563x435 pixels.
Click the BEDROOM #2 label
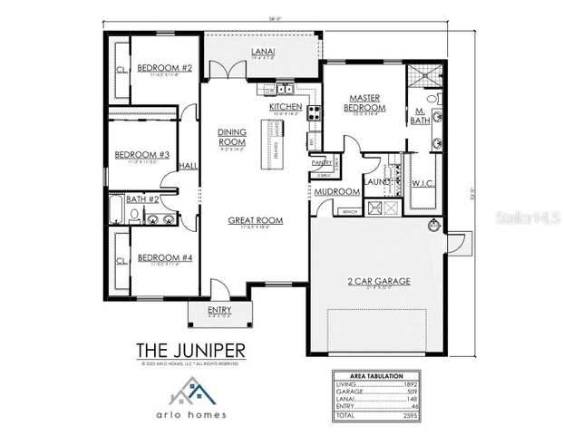click(164, 68)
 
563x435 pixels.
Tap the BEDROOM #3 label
click(142, 155)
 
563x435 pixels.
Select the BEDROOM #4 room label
click(164, 258)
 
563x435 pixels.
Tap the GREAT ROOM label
click(255, 220)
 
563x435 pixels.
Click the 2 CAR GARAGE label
click(378, 282)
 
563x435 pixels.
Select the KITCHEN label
click(285, 106)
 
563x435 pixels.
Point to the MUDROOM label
click(332, 191)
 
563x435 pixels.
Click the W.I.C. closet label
click(423, 182)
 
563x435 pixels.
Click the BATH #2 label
click(142, 198)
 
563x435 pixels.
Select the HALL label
click(189, 166)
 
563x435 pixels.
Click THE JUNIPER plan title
click(190, 349)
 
